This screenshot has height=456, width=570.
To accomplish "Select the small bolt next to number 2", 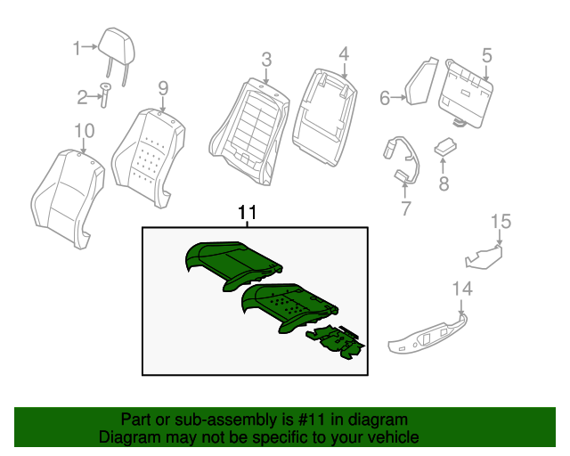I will click(x=105, y=94).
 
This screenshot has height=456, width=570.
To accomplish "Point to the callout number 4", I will click(x=344, y=54).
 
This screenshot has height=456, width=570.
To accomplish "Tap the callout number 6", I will click(x=385, y=98).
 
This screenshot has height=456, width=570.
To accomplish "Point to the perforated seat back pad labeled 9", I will click(x=148, y=153).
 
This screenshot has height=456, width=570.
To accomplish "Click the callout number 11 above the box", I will click(x=247, y=213).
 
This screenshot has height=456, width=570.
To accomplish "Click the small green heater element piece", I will click(x=336, y=342).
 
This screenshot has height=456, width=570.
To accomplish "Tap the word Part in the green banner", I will click(x=136, y=419).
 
